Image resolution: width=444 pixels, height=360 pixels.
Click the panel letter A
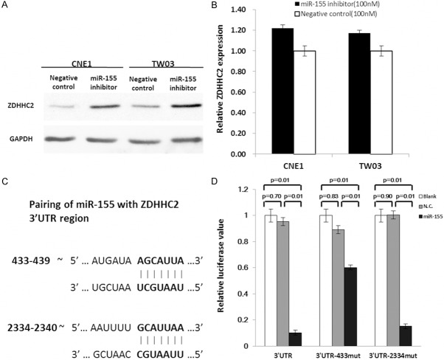[x=6, y=7]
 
